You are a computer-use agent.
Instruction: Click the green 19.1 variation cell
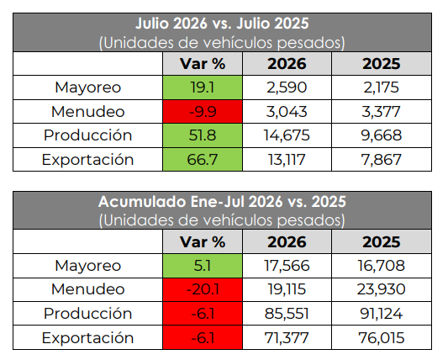pyautogui.click(x=203, y=87)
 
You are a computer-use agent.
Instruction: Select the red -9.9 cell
pyautogui.click(x=203, y=112)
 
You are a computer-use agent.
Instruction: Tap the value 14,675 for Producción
pyautogui.click(x=287, y=135)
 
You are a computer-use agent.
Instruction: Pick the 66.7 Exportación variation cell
pyautogui.click(x=203, y=159)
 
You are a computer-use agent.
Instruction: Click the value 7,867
pyautogui.click(x=382, y=160)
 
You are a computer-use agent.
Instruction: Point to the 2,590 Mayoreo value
pyautogui.click(x=287, y=87)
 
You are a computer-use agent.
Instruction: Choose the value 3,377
pyautogui.click(x=381, y=112)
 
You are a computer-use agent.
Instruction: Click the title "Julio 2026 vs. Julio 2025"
pyautogui.click(x=222, y=24)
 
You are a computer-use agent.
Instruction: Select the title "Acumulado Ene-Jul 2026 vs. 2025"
pyautogui.click(x=222, y=202)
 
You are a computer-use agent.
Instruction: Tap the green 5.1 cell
pyautogui.click(x=203, y=266)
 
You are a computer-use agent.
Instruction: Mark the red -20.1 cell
pyautogui.click(x=203, y=289)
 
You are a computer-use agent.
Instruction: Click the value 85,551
pyautogui.click(x=287, y=314)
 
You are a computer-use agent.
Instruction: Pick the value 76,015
pyautogui.click(x=382, y=338)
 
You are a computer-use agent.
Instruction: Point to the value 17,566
pyautogui.click(x=287, y=266)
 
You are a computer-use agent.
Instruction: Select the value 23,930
pyautogui.click(x=381, y=289)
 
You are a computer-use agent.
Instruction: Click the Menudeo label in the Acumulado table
pyautogui.click(x=88, y=289)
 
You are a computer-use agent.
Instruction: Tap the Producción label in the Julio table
pyautogui.click(x=88, y=135)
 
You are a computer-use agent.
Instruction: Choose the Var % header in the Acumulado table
pyautogui.click(x=203, y=242)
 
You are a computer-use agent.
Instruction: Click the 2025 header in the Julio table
pyautogui.click(x=382, y=64)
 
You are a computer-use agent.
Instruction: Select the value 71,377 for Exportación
pyautogui.click(x=287, y=338)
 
